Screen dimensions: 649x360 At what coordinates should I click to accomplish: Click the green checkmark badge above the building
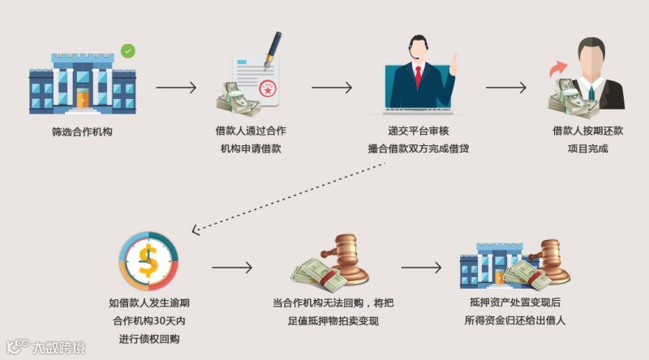(127, 51)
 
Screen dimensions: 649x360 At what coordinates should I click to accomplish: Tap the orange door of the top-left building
(82, 99)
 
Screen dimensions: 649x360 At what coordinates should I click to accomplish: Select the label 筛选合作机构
(80, 131)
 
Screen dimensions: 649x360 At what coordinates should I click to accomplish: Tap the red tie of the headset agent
(418, 77)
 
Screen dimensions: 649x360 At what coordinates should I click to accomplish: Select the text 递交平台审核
(418, 131)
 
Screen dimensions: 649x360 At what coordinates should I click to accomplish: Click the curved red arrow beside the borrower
(557, 70)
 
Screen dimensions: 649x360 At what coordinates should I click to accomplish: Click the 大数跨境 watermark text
(58, 347)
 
